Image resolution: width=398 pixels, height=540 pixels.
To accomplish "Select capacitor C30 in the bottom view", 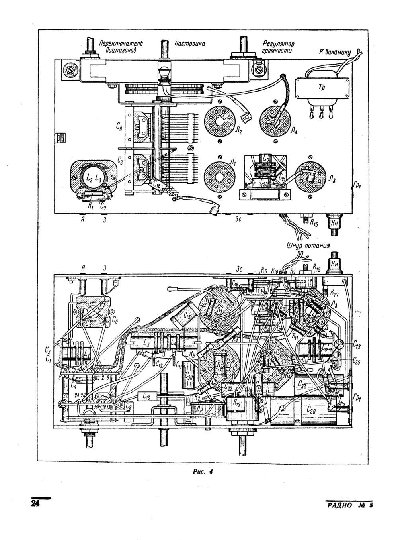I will pos(189,376).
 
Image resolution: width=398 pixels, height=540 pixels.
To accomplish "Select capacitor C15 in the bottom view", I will pos(184,315).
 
